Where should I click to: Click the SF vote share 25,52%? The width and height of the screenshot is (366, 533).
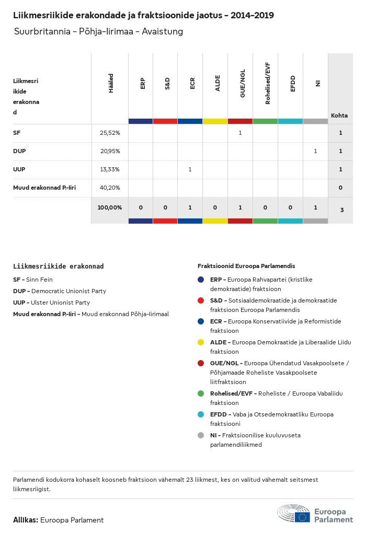click(x=110, y=133)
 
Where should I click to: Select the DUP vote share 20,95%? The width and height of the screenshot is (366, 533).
click(x=110, y=151)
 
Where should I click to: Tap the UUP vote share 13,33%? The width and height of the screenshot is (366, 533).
click(x=110, y=169)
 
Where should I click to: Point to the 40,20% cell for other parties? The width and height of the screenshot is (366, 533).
click(x=110, y=187)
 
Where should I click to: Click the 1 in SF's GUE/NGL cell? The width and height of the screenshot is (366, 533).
click(x=240, y=133)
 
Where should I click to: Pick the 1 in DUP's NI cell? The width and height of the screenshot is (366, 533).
click(x=315, y=151)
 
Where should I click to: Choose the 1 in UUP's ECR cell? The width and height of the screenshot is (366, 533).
click(x=190, y=169)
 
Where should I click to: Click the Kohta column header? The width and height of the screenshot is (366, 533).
click(x=339, y=115)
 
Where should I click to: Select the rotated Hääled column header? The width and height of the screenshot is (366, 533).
click(x=111, y=84)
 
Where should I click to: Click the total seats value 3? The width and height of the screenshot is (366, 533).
click(x=341, y=210)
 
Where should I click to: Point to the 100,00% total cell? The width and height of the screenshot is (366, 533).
click(x=110, y=207)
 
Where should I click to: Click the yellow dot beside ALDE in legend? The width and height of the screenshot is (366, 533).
click(x=201, y=342)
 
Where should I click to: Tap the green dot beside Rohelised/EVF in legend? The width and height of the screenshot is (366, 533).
click(x=201, y=393)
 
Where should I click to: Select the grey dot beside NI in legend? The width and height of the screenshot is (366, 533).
click(x=201, y=435)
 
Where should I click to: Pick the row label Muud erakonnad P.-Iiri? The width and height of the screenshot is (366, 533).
click(x=44, y=187)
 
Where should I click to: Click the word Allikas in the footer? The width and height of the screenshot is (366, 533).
click(x=25, y=520)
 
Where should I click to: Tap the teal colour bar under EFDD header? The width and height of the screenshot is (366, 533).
click(x=290, y=121)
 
